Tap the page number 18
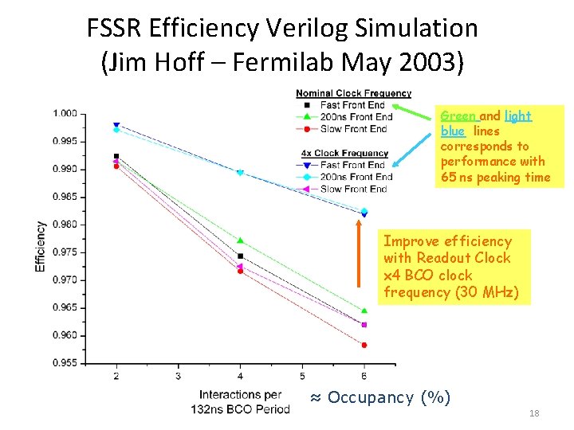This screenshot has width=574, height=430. tap(534, 413)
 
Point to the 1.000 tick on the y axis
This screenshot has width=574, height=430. tap(65, 114)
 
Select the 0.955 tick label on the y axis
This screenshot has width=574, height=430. tap(65, 363)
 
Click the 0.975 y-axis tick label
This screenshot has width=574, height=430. tap(65, 252)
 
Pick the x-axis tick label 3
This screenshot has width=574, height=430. tap(178, 375)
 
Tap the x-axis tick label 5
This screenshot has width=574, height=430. tap(302, 375)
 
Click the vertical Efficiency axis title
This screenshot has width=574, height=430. tap(41, 246)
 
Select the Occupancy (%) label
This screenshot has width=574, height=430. tap(379, 397)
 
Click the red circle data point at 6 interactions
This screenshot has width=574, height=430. tap(364, 345)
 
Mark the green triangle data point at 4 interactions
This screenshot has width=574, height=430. tap(240, 240)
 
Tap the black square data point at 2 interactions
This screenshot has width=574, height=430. tap(116, 156)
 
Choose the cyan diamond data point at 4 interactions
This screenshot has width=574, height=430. tap(240, 173)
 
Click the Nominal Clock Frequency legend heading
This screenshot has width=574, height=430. tap(353, 93)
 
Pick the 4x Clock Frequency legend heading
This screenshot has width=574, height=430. tap(344, 153)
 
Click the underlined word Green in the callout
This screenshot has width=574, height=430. tap(458, 116)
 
